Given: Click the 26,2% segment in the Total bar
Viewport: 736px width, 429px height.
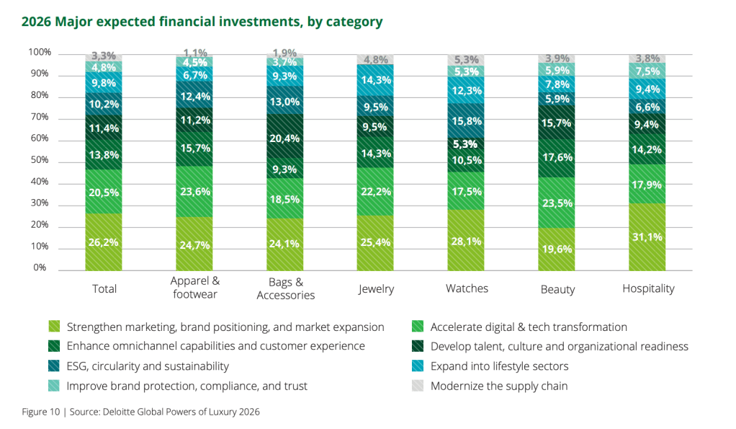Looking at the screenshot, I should click(x=104, y=242).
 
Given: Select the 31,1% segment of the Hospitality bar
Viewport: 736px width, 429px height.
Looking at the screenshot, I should click(x=648, y=236).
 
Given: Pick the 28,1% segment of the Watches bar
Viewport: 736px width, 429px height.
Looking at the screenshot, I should click(x=467, y=241).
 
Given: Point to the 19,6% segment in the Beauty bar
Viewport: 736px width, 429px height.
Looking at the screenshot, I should click(x=557, y=249).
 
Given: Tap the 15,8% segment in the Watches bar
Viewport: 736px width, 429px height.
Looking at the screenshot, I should click(x=467, y=120).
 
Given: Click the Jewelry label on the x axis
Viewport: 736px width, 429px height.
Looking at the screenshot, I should click(x=376, y=289).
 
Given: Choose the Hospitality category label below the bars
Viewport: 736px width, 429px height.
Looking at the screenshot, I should click(x=648, y=288).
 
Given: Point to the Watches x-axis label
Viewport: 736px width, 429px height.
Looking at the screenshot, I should click(x=467, y=288).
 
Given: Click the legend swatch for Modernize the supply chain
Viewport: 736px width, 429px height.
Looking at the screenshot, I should click(x=417, y=386).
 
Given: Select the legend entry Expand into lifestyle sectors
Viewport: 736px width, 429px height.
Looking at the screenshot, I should click(x=499, y=366).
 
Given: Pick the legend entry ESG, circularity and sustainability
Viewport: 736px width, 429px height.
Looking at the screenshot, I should click(x=148, y=366).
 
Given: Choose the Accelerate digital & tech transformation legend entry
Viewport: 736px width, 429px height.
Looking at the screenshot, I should click(x=528, y=327).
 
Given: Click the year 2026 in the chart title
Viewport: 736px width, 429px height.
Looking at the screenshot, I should click(x=36, y=22).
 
